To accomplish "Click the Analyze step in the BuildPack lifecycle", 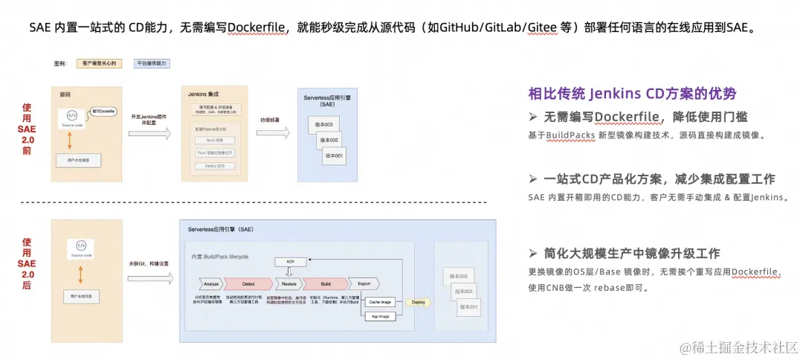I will point(210,283).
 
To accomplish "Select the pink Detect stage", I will point(249,283).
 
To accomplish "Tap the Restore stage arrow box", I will point(288,283).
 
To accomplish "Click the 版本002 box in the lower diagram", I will point(463,292).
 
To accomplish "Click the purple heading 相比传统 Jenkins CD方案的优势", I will point(632,94).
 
